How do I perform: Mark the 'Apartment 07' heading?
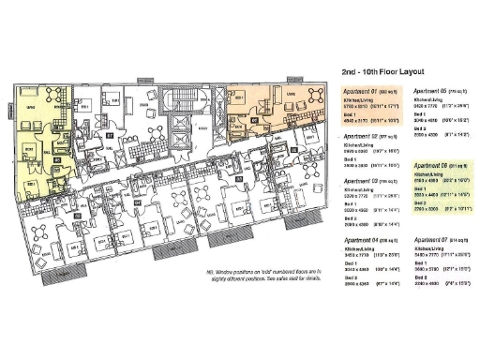(x=429, y=241)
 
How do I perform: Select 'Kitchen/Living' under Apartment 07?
(x=427, y=249)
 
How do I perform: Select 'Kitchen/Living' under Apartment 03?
(x=357, y=187)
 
